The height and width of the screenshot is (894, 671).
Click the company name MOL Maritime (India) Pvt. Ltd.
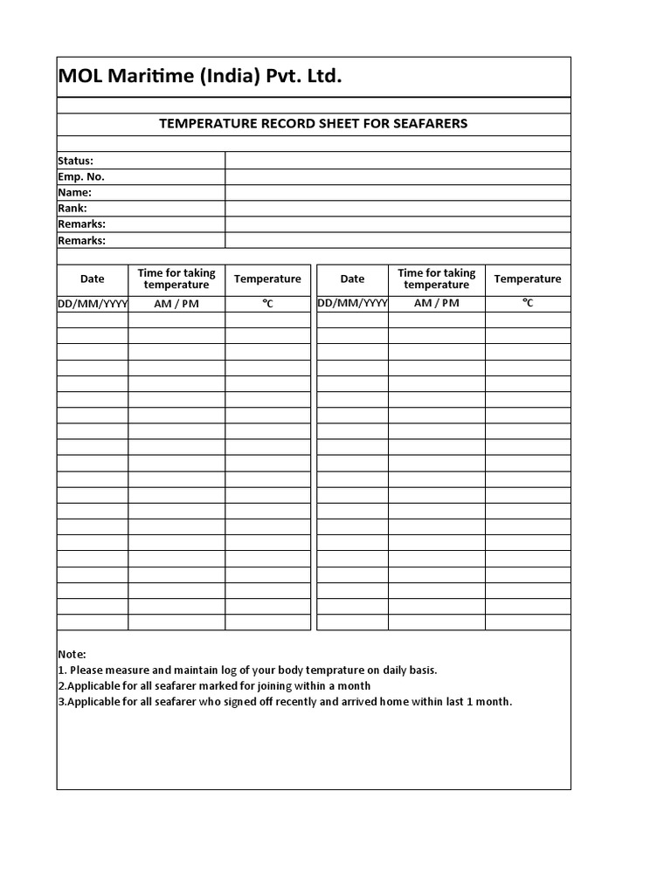pyautogui.click(x=200, y=77)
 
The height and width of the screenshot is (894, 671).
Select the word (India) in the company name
pyautogui.click(x=219, y=77)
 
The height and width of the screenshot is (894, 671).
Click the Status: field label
pyautogui.click(x=76, y=161)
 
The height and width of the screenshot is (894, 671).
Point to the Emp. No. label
pyautogui.click(x=81, y=176)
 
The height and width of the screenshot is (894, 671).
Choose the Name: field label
pyautogui.click(x=74, y=192)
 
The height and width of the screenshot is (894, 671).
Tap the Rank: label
pyautogui.click(x=73, y=209)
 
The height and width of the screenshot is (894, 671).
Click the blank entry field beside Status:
pyautogui.click(x=398, y=161)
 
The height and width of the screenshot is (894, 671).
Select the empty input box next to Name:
pyautogui.click(x=398, y=192)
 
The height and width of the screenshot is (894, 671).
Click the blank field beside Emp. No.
pyautogui.click(x=398, y=176)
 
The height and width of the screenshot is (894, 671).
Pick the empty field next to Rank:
pyautogui.click(x=398, y=209)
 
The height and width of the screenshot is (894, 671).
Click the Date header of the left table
pyautogui.click(x=93, y=279)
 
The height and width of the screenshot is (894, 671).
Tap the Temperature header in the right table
pyautogui.click(x=528, y=279)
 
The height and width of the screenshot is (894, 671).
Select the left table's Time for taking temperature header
pyautogui.click(x=176, y=279)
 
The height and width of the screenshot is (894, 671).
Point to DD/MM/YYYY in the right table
pyautogui.click(x=352, y=303)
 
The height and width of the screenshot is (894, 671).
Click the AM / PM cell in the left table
pyautogui.click(x=176, y=303)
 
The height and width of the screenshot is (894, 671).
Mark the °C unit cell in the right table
pyautogui.click(x=528, y=303)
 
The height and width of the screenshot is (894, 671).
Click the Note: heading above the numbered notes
pyautogui.click(x=73, y=655)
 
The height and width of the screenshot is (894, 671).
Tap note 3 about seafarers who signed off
pyautogui.click(x=285, y=702)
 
